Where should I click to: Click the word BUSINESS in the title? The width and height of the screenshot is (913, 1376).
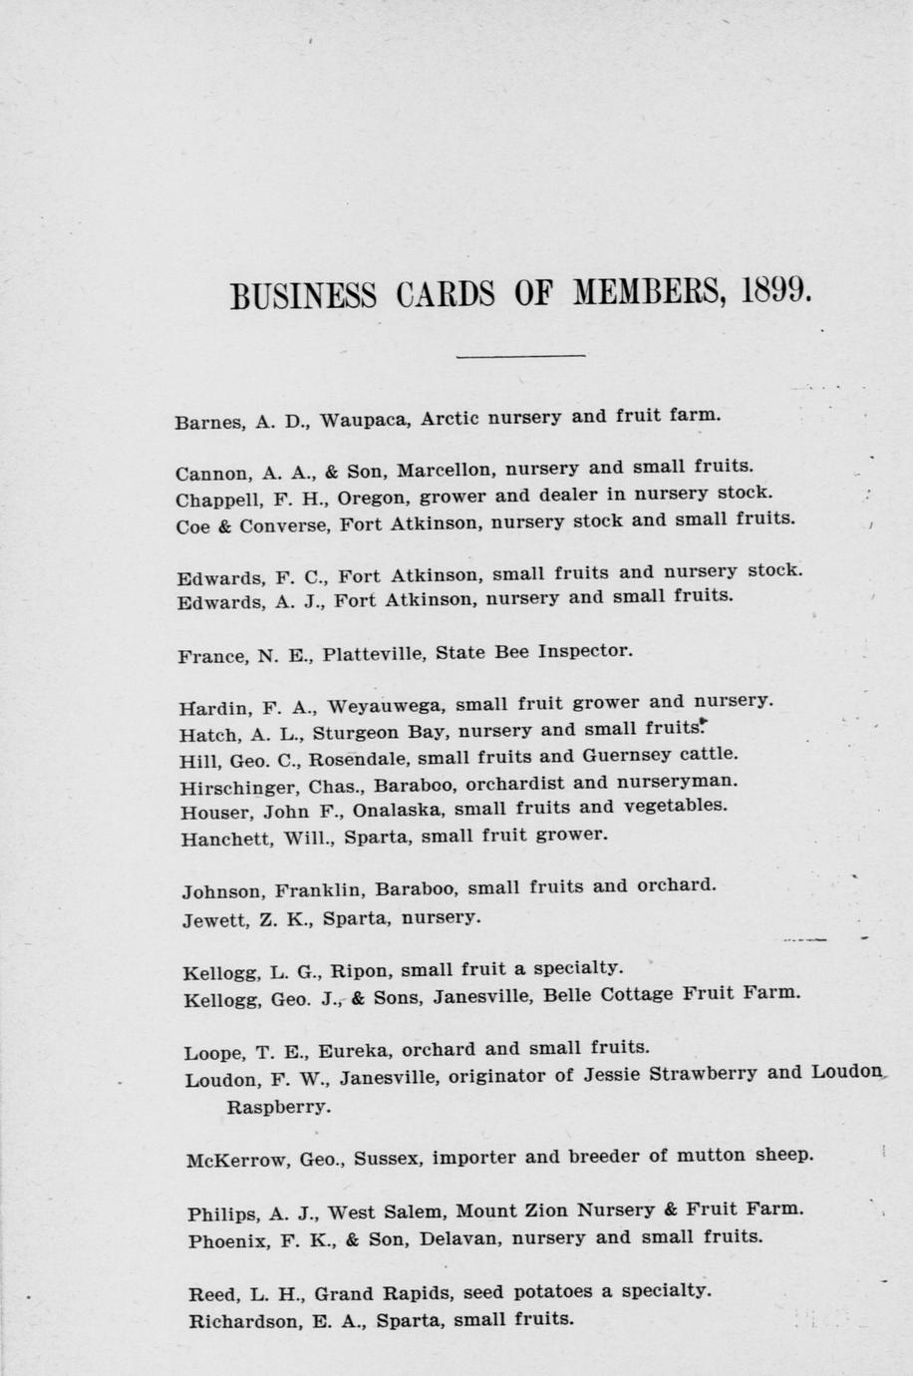coord(303,295)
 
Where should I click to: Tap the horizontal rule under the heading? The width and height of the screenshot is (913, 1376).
coord(520,355)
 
